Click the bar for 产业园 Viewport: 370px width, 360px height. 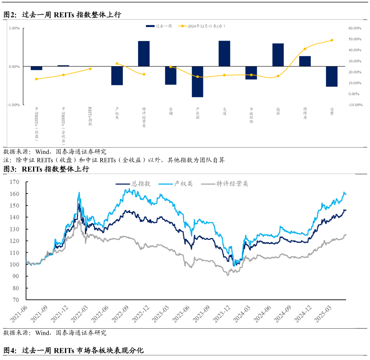[197, 82]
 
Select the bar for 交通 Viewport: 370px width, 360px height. [224, 53]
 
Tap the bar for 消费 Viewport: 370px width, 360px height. [331, 76]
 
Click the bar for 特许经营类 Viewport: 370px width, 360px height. [144, 53]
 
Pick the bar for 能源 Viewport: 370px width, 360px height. [278, 55]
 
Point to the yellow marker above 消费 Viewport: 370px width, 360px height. [331, 40]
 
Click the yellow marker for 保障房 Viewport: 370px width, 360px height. [305, 49]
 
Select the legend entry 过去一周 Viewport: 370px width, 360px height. [159, 26]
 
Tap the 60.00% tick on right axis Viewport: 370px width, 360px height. [355, 28]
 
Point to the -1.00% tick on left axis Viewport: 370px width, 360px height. [14, 105]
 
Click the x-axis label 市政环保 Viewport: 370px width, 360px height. [251, 115]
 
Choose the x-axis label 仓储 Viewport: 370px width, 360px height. [171, 111]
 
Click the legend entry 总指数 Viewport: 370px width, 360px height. [133, 184]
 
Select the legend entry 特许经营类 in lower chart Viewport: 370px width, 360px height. [225, 184]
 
